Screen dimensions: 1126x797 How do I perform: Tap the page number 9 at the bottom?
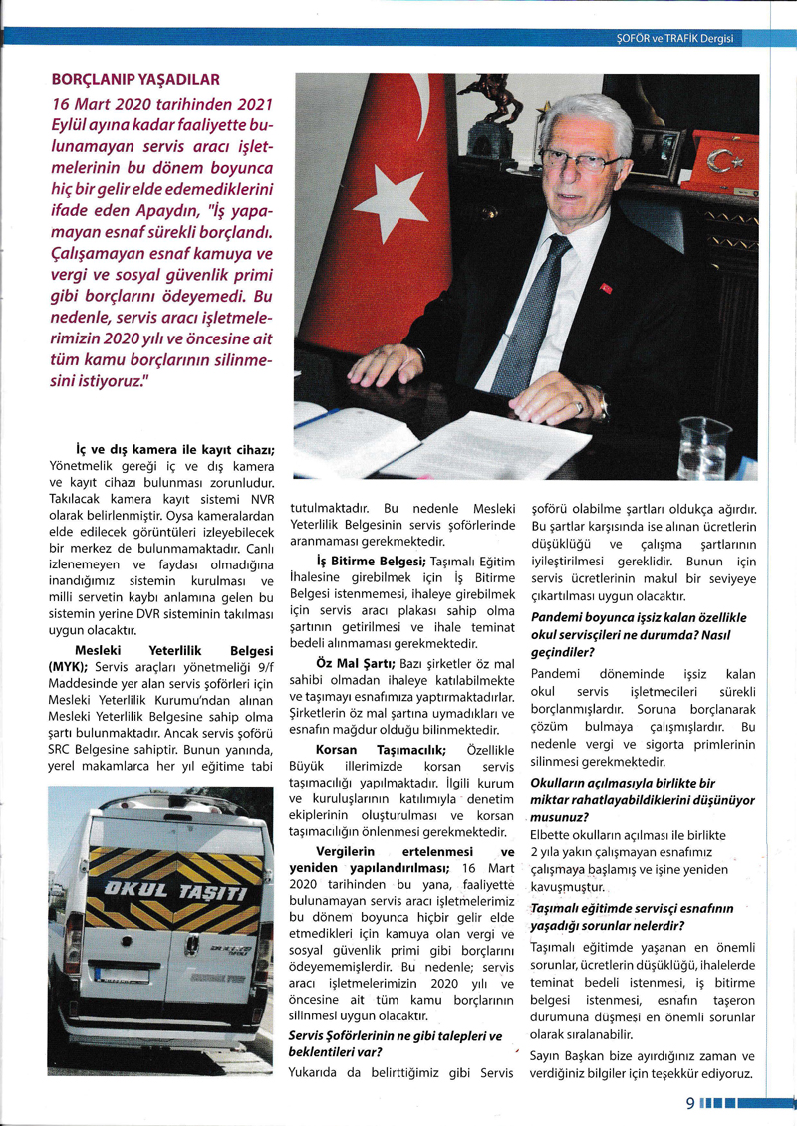(x=689, y=1103)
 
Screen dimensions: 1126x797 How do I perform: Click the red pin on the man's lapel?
(x=604, y=288)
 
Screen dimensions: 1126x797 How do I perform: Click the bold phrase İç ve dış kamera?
(x=174, y=449)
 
